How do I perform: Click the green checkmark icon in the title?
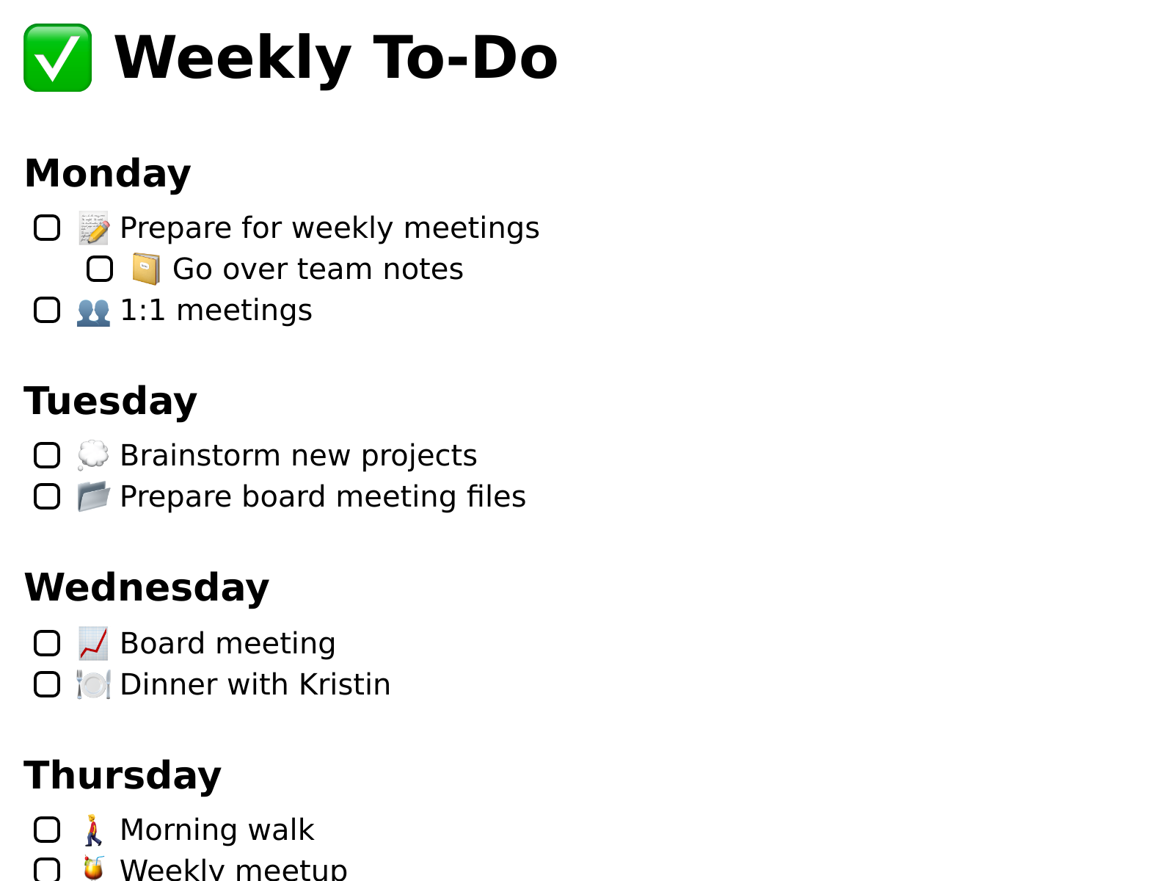(x=58, y=58)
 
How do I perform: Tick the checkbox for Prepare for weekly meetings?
(x=47, y=228)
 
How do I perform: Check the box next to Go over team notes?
(x=100, y=269)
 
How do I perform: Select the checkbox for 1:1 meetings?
(x=47, y=311)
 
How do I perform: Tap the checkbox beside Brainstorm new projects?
(x=47, y=455)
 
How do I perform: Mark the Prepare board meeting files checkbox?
(x=47, y=496)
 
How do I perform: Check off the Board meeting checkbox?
(x=47, y=643)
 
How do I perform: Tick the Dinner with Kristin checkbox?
(x=47, y=684)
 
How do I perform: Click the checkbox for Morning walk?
(x=47, y=830)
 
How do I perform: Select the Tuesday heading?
(x=110, y=401)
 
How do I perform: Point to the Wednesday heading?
(x=147, y=588)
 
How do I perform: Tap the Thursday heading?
(x=123, y=775)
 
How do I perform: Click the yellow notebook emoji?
(x=146, y=269)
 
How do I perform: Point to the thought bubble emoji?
(x=93, y=455)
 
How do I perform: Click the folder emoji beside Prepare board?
(x=94, y=496)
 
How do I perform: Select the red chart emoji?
(x=93, y=643)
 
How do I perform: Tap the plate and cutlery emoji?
(x=94, y=684)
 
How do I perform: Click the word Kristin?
(x=344, y=684)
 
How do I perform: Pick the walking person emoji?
(x=94, y=830)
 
